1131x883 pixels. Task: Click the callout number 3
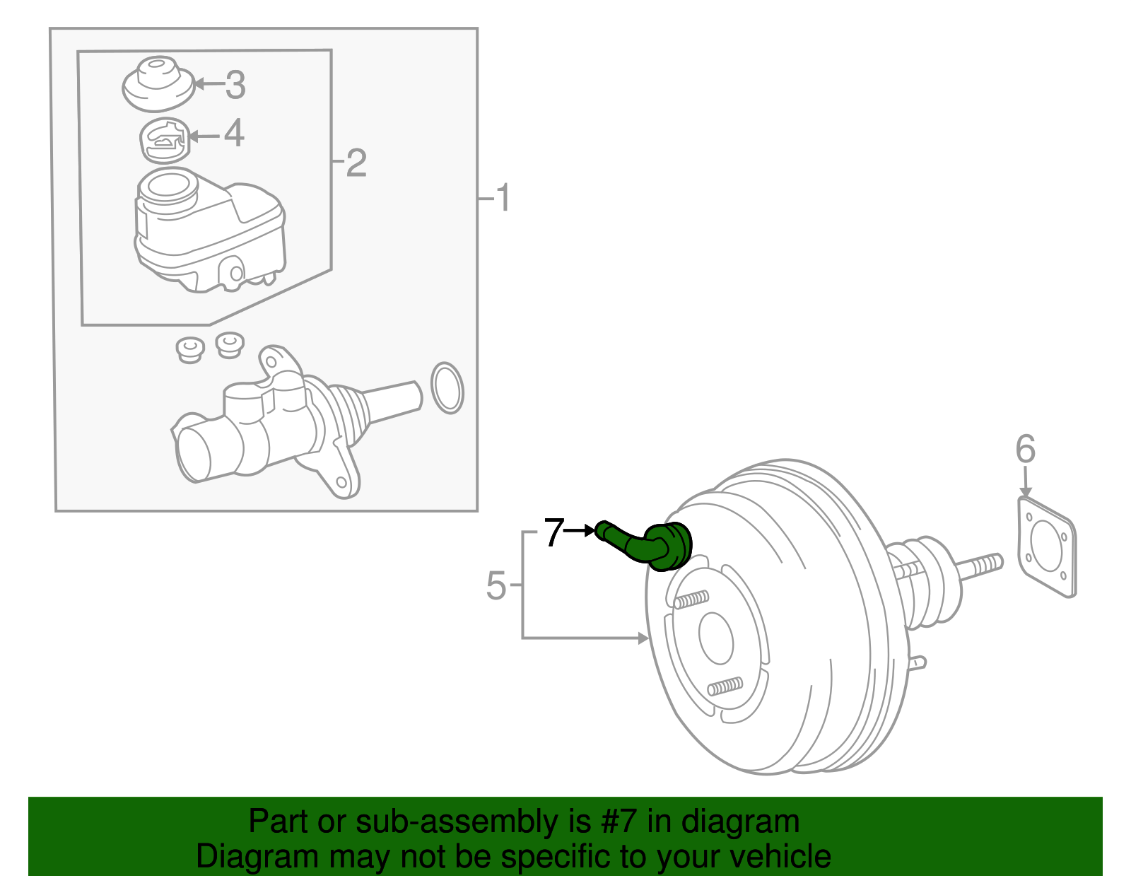pyautogui.click(x=235, y=86)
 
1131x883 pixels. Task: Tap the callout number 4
pyautogui.click(x=234, y=134)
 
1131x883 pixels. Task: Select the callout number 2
pyautogui.click(x=356, y=163)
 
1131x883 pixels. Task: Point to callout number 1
pyautogui.click(x=503, y=198)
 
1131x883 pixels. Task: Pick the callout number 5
pyautogui.click(x=496, y=586)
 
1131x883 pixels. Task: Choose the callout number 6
pyautogui.click(x=1025, y=450)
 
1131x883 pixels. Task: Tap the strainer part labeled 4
pyautogui.click(x=165, y=141)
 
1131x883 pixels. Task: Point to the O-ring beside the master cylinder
pyautogui.click(x=447, y=388)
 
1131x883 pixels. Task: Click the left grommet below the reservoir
pyautogui.click(x=189, y=349)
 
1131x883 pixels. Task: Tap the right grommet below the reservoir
pyautogui.click(x=230, y=344)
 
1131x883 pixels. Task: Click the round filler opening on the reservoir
pyautogui.click(x=168, y=187)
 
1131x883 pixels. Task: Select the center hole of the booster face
pyautogui.click(x=716, y=638)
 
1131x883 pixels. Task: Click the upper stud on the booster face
pyautogui.click(x=691, y=600)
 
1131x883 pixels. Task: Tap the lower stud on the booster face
pyautogui.click(x=725, y=686)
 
